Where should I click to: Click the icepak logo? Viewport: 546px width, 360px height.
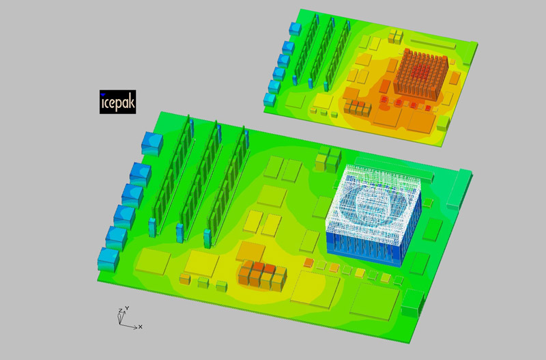point(117,102)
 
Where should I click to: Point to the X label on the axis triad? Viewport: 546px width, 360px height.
point(141,327)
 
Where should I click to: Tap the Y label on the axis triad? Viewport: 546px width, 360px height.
point(128,308)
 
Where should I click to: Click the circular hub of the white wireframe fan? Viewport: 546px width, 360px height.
point(373,204)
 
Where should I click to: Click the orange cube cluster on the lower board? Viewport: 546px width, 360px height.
point(263,275)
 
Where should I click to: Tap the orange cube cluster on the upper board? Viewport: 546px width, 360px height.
point(358,108)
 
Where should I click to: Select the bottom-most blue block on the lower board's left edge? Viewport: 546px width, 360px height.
point(109,260)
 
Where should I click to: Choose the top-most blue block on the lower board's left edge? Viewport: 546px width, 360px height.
point(152,143)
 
